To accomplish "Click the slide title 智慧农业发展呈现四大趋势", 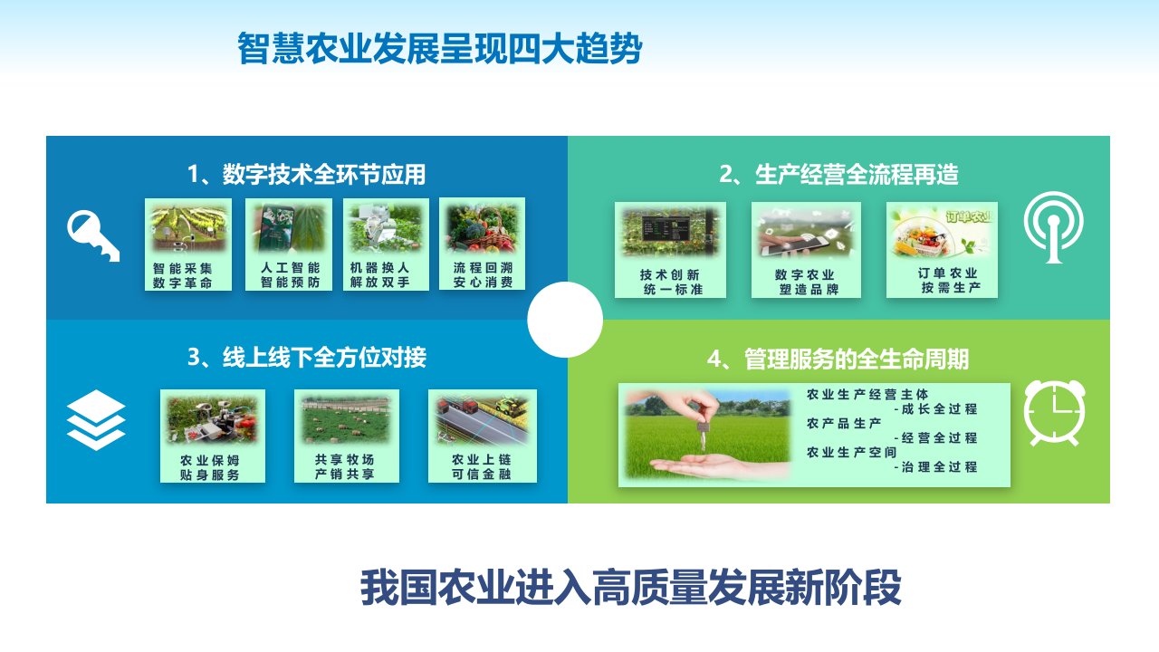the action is (440, 49).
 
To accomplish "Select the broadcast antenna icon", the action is (1053, 226).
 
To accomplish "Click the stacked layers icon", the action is (96, 419).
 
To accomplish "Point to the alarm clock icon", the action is (1055, 413).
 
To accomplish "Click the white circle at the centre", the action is (565, 320).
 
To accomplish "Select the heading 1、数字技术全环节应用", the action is (306, 175).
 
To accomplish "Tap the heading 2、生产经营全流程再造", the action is (838, 175).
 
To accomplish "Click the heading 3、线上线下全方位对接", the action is (307, 358).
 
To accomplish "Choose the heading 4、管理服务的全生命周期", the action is (838, 360).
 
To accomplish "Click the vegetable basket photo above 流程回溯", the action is (483, 227).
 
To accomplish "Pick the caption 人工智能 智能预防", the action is (291, 274).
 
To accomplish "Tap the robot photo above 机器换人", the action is (386, 227).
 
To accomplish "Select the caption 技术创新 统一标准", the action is (671, 282).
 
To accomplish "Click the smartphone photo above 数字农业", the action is (806, 232).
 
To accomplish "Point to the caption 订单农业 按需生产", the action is (949, 280).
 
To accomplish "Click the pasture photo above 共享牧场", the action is (346, 419).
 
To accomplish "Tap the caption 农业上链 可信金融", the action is (481, 466).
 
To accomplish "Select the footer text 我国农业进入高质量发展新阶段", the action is (631, 588).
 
